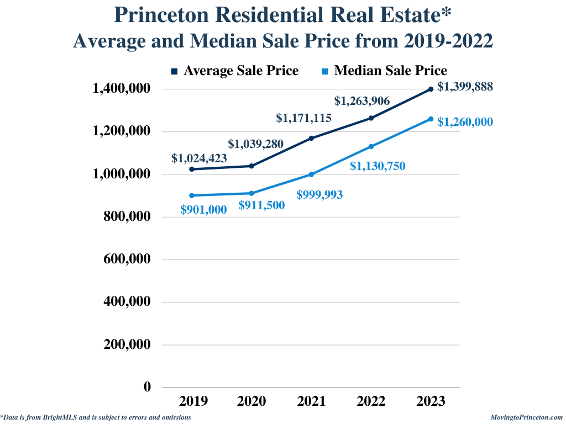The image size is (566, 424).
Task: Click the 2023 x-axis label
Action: click(431, 401)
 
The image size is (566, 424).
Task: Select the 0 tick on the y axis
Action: click(147, 387)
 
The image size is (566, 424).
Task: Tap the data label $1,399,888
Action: click(465, 87)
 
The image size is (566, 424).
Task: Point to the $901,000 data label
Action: click(203, 209)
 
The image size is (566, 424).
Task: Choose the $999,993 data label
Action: click(319, 194)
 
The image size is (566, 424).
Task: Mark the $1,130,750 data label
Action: click(378, 166)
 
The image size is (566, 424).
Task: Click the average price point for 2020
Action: click(251, 166)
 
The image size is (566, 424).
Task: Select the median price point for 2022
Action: click(371, 146)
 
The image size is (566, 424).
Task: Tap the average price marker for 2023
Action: click(431, 89)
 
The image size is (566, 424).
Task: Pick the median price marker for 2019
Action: click(192, 195)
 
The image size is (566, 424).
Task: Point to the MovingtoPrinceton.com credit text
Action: click(526, 417)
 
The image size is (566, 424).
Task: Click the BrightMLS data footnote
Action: click(96, 417)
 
